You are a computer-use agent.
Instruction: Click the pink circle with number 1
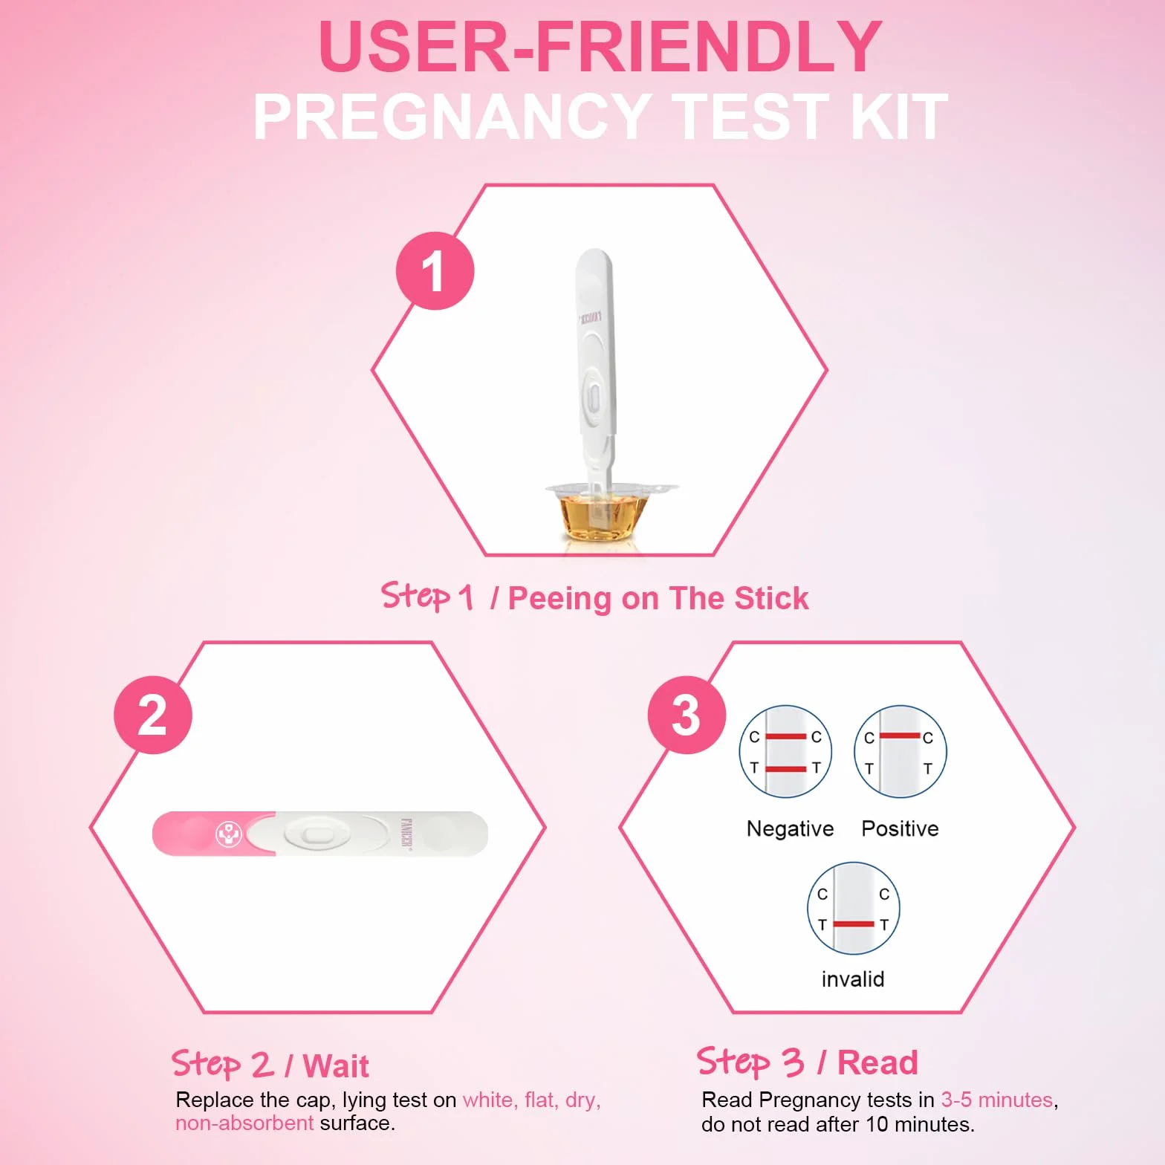coord(435,270)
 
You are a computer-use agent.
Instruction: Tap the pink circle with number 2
coord(153,715)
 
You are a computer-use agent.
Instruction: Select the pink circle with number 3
coord(687,715)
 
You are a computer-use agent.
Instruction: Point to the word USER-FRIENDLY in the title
coord(600,46)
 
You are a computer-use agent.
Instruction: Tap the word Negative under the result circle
coord(790,828)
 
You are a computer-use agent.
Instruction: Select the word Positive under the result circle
coord(900,828)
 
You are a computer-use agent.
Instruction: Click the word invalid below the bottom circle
coord(853,979)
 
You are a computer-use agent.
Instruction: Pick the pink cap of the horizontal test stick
coord(214,834)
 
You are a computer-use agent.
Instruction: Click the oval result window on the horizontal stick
coord(317,834)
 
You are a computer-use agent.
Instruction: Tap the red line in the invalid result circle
coord(854,924)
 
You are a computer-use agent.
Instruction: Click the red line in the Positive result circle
coord(900,736)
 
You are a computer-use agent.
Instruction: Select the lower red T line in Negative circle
coord(786,769)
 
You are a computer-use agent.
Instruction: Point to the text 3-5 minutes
coord(997,1100)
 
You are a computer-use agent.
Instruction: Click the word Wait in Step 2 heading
coord(336,1066)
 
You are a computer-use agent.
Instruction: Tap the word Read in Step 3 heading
coord(877,1062)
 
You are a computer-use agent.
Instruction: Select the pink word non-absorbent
coord(244,1123)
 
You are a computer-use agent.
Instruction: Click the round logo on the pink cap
coord(229,834)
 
